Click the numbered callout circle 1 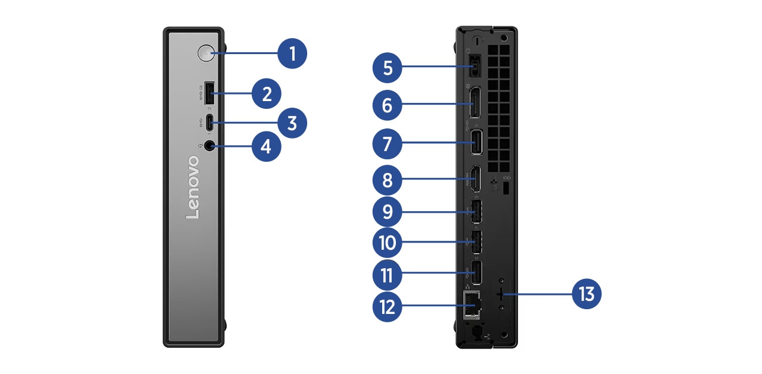(x=292, y=54)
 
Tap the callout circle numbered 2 (x=266, y=93)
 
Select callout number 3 (x=292, y=124)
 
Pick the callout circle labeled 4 (x=266, y=146)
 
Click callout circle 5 (x=388, y=68)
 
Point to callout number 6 (x=388, y=106)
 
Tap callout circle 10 (x=388, y=243)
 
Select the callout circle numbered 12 (x=388, y=307)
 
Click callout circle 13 (x=586, y=294)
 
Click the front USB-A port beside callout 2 (x=209, y=94)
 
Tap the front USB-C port (x=209, y=124)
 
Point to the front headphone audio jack (x=209, y=146)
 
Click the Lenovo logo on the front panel (x=193, y=187)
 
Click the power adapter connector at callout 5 (x=474, y=67)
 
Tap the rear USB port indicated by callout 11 (x=476, y=273)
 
